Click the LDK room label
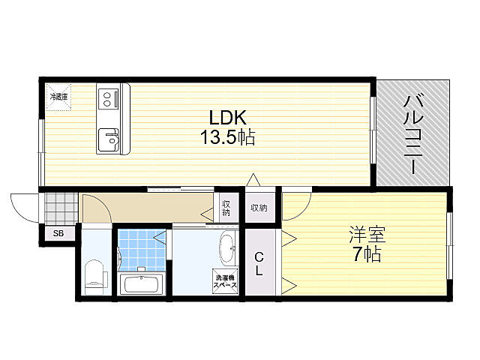(227, 117)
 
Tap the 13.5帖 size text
(227, 136)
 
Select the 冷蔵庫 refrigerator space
(58, 97)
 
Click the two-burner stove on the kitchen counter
(108, 98)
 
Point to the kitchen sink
(109, 139)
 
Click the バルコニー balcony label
(413, 134)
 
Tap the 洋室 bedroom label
(367, 234)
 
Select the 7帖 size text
(367, 254)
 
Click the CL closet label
(259, 263)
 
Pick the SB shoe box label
(58, 233)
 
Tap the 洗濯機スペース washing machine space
(225, 281)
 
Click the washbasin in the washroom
(227, 249)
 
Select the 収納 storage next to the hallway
(226, 208)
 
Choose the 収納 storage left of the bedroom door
(259, 208)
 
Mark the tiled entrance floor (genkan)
(61, 208)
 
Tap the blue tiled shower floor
(142, 250)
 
